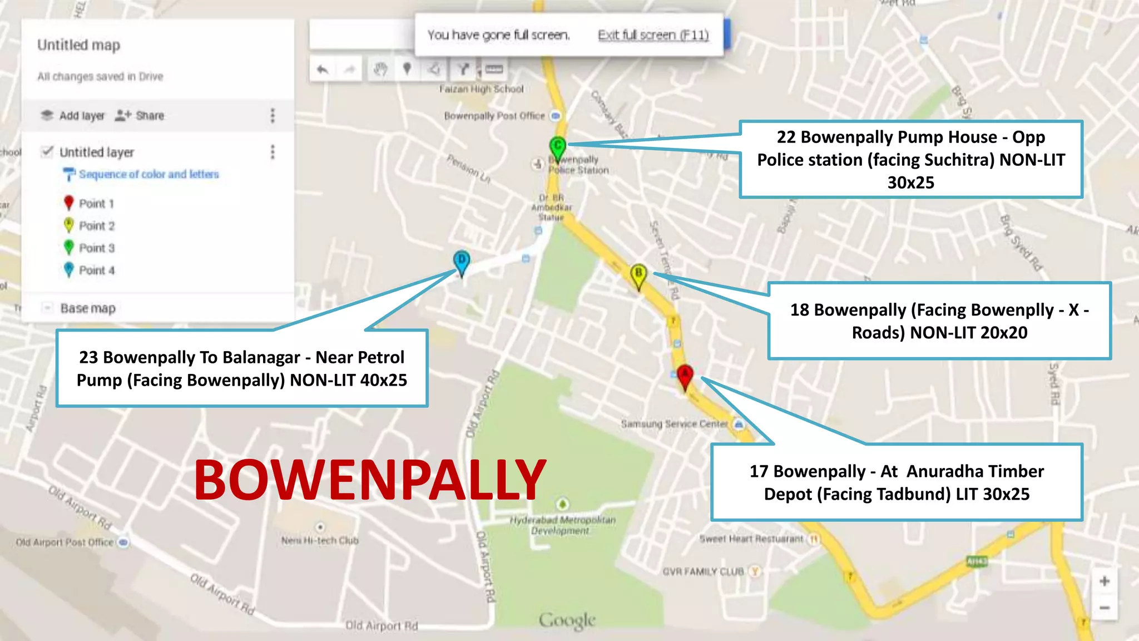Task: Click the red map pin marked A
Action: point(685,376)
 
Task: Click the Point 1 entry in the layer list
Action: point(96,204)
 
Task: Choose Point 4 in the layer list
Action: point(96,270)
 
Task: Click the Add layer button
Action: point(73,116)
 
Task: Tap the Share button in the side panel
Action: point(140,116)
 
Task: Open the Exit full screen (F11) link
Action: point(653,35)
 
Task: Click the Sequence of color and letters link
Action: point(148,175)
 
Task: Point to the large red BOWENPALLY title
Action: point(370,480)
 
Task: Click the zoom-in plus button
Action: point(1105,581)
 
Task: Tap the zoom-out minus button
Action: point(1105,608)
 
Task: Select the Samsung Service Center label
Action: point(674,424)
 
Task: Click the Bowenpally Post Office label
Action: point(494,116)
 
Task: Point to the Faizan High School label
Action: point(482,89)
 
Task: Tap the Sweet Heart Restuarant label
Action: point(751,539)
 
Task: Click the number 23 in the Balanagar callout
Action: point(88,357)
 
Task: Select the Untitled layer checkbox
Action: point(48,152)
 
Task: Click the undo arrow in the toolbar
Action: point(323,70)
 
